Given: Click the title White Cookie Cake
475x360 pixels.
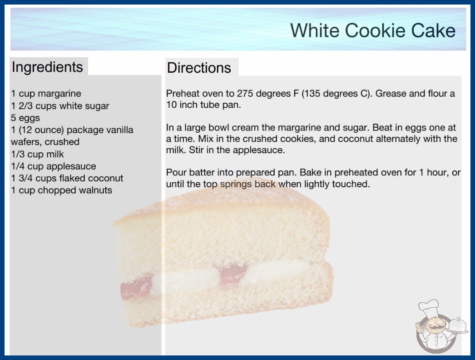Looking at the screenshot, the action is coord(373,30).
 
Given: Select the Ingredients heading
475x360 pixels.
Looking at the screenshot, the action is coord(47,67).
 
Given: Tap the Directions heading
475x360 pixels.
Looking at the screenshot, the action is coord(199,68).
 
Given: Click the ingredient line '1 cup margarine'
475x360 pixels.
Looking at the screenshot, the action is coord(46,94).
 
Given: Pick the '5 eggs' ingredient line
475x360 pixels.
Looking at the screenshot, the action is coord(25,118).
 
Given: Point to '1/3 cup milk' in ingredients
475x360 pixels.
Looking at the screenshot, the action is coord(38,154).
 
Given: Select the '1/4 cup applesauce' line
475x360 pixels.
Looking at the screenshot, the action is coord(54,166).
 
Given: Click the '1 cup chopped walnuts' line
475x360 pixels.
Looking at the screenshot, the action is coord(61,190).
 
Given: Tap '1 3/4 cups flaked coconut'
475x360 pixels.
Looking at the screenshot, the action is coord(67,178).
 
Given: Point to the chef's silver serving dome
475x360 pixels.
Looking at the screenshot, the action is coord(457,325).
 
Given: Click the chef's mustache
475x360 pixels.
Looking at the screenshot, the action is coord(434,328).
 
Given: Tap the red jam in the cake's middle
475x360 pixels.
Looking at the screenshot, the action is coord(233,273).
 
